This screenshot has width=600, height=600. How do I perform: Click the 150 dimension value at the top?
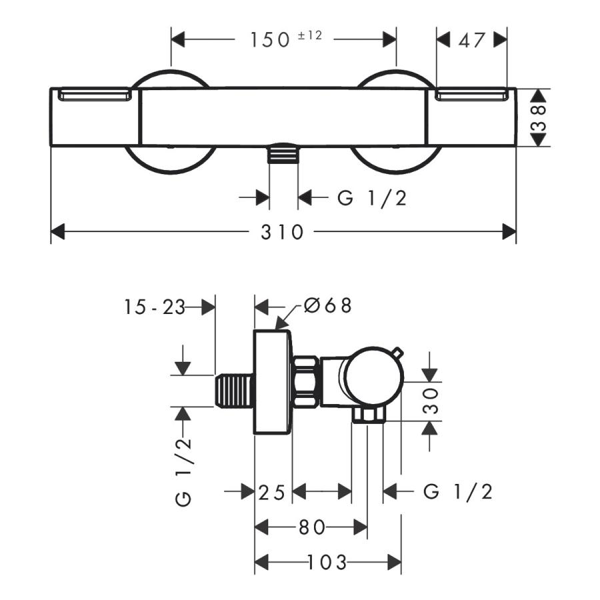[270, 40]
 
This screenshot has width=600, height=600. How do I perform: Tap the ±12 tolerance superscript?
[310, 35]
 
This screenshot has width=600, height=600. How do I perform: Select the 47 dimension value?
[471, 40]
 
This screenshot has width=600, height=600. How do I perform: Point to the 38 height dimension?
[539, 117]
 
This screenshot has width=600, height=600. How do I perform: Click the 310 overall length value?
[282, 232]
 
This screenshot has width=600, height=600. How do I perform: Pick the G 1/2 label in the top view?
[371, 198]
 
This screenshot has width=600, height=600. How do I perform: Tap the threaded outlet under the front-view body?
[283, 153]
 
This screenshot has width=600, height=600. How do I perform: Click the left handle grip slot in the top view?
[94, 94]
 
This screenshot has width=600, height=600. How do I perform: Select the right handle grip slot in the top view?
[471, 94]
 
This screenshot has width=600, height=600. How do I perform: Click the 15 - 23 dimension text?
[154, 307]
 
